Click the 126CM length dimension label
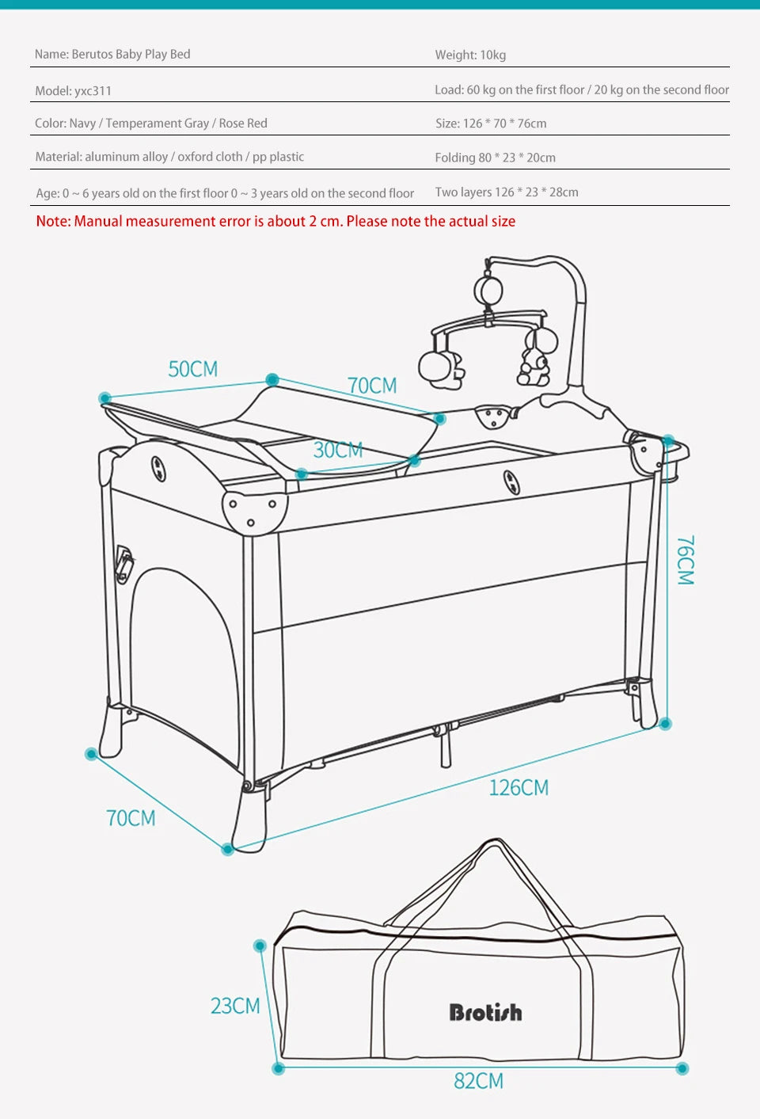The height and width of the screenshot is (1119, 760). click(x=519, y=787)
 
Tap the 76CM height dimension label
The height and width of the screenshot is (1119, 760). click(x=686, y=560)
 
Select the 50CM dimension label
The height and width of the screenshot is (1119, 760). click(x=192, y=369)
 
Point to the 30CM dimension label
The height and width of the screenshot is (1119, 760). click(x=337, y=450)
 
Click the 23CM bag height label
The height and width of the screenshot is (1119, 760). click(x=235, y=1006)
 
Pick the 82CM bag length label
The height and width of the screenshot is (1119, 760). click(x=478, y=1081)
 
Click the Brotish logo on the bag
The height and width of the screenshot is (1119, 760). click(x=485, y=1012)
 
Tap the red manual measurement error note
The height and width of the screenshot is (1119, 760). click(x=275, y=221)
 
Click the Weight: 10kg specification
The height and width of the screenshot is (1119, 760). click(x=470, y=55)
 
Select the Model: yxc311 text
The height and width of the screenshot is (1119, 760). click(x=73, y=90)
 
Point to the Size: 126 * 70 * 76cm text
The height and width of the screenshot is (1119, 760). click(x=491, y=124)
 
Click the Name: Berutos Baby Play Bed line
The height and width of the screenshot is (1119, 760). click(x=112, y=54)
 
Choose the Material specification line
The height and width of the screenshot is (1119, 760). click(x=169, y=157)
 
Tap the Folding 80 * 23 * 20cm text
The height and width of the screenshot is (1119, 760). click(x=495, y=158)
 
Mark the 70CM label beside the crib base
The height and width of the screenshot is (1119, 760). click(x=131, y=817)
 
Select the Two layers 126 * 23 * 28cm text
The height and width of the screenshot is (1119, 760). click(x=507, y=192)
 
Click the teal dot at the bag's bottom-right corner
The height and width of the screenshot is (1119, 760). click(x=682, y=1068)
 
